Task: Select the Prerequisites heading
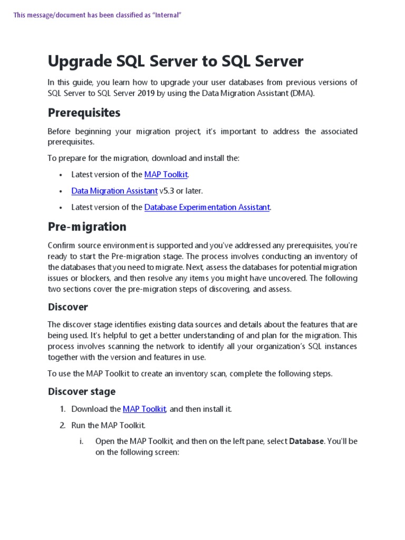[84, 113]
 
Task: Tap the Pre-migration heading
[87, 227]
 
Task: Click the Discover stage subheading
[82, 391]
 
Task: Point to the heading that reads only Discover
[68, 307]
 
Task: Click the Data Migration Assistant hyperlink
[114, 191]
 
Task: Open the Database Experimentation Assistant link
[207, 207]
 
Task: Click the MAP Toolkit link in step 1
[145, 409]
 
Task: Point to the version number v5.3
[167, 191]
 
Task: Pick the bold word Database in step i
[306, 441]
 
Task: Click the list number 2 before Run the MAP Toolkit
[62, 425]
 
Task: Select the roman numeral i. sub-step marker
[82, 441]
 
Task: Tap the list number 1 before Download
[62, 409]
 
